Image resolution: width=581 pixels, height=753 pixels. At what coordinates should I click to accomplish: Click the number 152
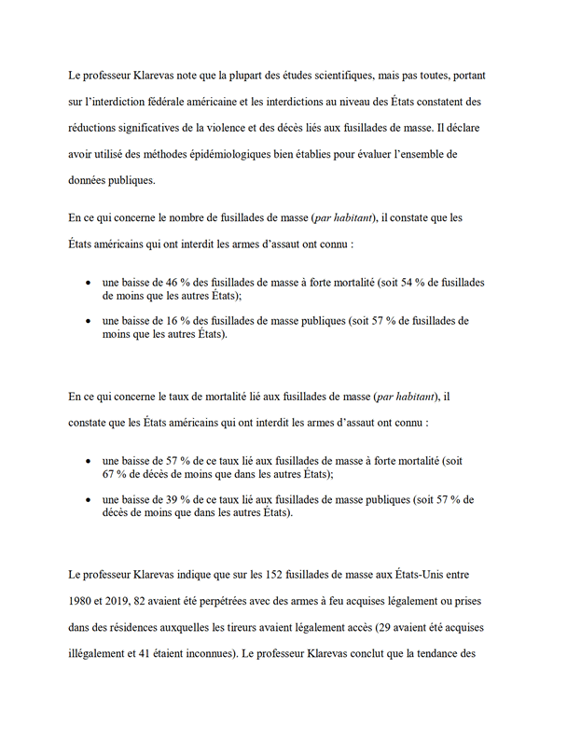pyautogui.click(x=260, y=574)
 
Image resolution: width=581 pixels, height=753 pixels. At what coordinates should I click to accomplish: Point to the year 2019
pyautogui.click(x=130, y=600)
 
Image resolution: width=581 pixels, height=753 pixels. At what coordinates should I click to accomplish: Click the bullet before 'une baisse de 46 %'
pyautogui.click(x=87, y=282)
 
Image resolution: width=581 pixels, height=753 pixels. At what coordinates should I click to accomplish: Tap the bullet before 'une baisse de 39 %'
pyautogui.click(x=87, y=501)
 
